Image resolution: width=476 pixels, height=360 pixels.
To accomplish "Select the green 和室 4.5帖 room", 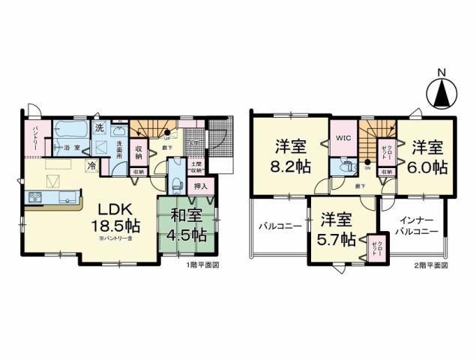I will click(188, 226).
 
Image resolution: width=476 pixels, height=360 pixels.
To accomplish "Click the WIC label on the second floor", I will click(344, 138).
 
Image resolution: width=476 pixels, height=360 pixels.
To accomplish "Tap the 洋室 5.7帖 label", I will click(337, 229).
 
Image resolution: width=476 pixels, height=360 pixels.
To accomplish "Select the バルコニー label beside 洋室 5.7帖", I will click(280, 225).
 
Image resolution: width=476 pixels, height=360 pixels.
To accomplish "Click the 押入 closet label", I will click(201, 185).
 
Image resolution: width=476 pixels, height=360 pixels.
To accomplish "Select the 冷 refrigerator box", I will click(91, 166).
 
